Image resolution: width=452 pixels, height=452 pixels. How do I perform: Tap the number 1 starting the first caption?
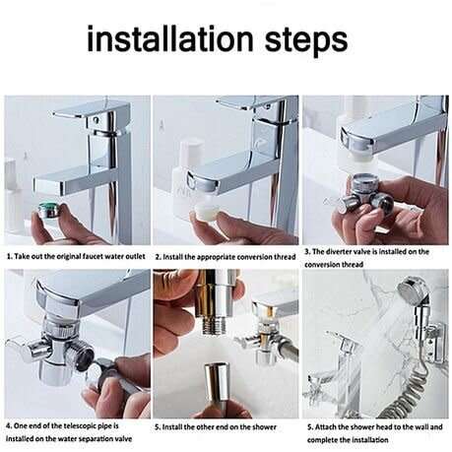[x=8, y=256]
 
